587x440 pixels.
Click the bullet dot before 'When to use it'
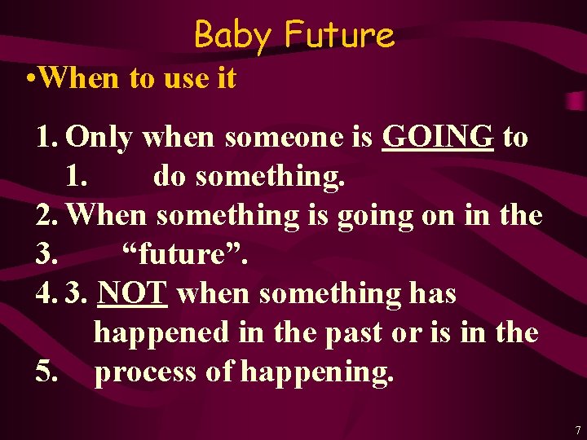click(x=29, y=79)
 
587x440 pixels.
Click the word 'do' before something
click(x=168, y=177)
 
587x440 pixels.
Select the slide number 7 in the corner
click(x=578, y=429)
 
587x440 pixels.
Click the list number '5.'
click(x=47, y=372)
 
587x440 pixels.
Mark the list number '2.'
click(x=47, y=216)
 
